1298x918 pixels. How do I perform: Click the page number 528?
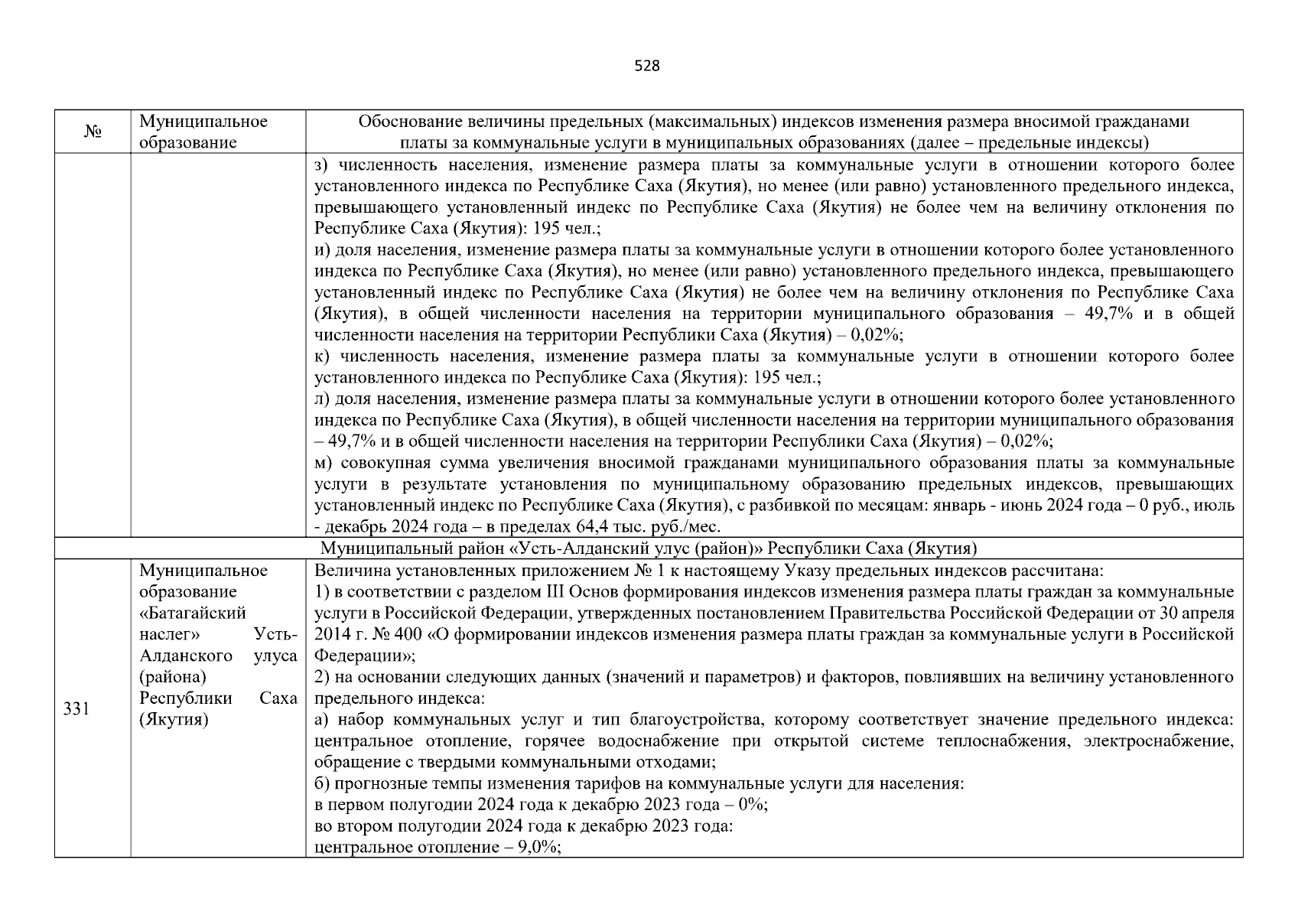647,66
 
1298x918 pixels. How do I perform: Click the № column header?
93,132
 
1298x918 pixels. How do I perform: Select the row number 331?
76,709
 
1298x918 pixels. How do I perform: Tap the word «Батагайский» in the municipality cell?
193,614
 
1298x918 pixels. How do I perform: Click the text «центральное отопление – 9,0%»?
438,848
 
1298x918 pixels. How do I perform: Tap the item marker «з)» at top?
321,164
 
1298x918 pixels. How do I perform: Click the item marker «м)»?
322,463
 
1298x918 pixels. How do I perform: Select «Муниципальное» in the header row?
203,122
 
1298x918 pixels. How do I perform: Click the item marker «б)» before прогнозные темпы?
322,783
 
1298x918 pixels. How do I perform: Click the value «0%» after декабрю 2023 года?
753,805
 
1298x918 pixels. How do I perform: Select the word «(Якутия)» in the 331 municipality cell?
174,720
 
